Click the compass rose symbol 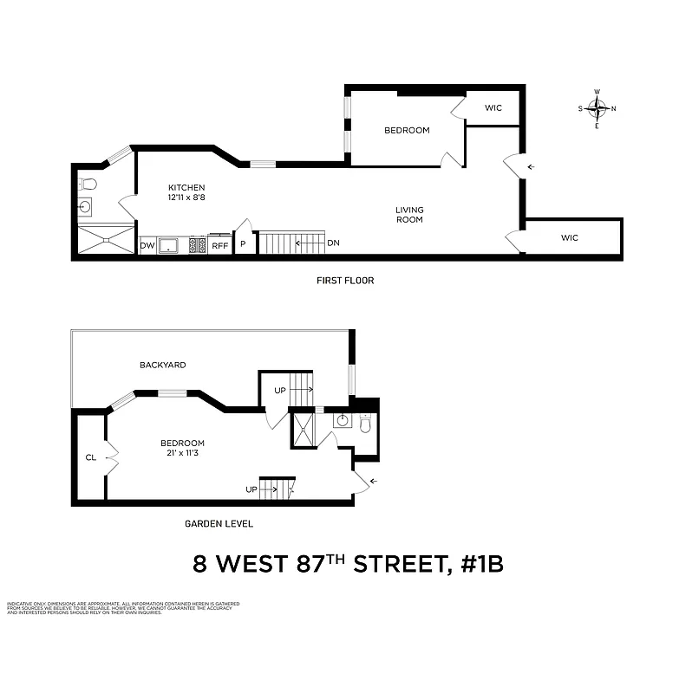pos(597,108)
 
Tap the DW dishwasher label pos(147,246)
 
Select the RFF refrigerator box pos(219,246)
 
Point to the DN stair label pos(334,243)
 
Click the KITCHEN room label pos(186,188)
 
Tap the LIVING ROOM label pos(409,214)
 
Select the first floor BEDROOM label pos(407,131)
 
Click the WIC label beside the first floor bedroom pos(493,108)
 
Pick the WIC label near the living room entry pos(569,237)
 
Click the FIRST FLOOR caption pos(345,281)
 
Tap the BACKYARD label pos(163,366)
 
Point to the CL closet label pos(90,457)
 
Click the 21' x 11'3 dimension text pos(182,454)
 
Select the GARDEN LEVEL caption pos(219,524)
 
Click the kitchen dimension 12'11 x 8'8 pos(186,198)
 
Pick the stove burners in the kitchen pos(198,245)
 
